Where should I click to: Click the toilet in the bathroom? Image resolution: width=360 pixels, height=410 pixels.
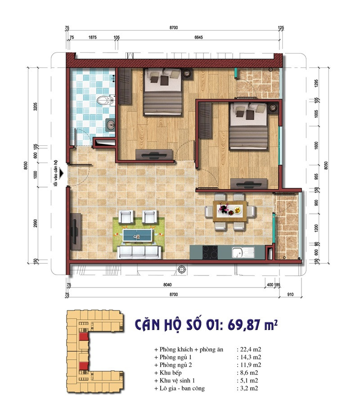[x=106, y=100]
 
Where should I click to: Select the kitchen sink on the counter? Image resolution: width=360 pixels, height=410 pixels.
[x=243, y=252]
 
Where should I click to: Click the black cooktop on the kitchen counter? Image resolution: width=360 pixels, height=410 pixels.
[x=210, y=252]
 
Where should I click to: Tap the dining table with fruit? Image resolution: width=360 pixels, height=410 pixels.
[x=230, y=211]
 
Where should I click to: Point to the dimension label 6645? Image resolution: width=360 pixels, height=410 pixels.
[x=198, y=37]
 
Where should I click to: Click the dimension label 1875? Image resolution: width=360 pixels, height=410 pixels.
[x=92, y=37]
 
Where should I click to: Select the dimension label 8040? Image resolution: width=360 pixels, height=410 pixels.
[x=167, y=285]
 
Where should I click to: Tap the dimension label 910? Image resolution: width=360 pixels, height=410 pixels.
[x=290, y=294]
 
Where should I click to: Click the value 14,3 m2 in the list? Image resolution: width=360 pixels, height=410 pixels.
[x=251, y=357]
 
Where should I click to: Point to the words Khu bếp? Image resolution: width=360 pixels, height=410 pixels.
[x=171, y=373]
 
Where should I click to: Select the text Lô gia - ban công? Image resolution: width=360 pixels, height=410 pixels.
[x=182, y=388]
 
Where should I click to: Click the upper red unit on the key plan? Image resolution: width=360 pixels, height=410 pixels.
[x=83, y=337]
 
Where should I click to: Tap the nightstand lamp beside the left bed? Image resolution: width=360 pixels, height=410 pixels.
[x=187, y=73]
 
